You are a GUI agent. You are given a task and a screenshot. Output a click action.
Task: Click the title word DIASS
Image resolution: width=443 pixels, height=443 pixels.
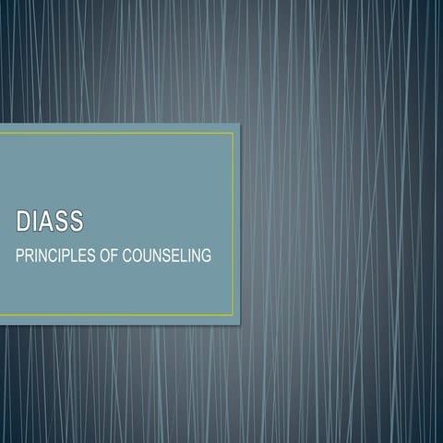(50, 222)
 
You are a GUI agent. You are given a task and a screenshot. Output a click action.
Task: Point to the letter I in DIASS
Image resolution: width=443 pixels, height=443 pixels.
(36, 222)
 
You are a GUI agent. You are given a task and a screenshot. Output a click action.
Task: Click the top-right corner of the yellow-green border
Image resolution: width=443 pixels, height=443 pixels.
(233, 133)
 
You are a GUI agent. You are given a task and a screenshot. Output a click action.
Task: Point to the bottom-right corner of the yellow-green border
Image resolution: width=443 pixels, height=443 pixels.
(233, 316)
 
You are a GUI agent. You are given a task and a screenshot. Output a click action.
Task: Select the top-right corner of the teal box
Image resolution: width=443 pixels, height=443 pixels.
(240, 124)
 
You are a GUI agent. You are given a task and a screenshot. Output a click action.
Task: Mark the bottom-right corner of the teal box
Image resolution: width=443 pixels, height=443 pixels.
(240, 324)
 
